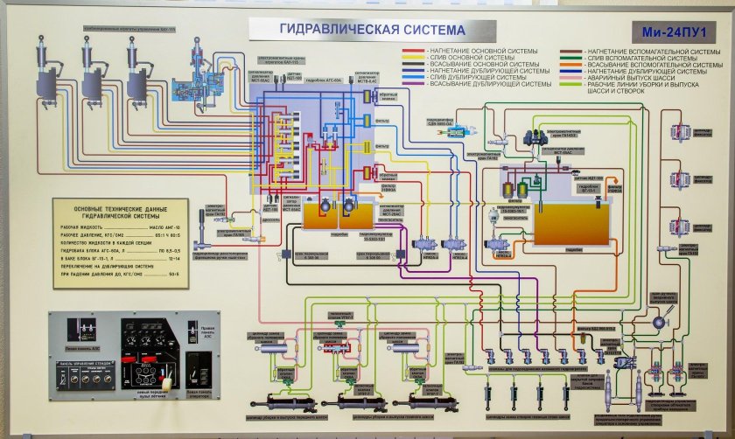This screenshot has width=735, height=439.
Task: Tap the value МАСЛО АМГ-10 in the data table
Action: pos(163,226)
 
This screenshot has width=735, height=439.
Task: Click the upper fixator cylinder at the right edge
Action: pos(682,132)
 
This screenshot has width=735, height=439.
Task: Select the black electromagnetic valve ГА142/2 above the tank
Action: pos(530,136)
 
